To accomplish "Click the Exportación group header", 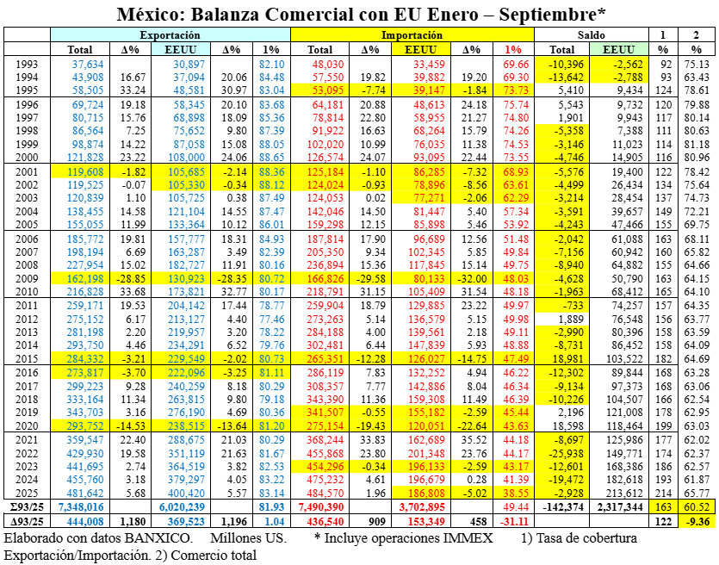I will (170, 35).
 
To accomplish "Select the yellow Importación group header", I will (412, 35).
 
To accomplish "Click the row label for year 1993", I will (26, 65).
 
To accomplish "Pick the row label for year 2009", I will (26, 279).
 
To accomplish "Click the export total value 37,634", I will (88, 65).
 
